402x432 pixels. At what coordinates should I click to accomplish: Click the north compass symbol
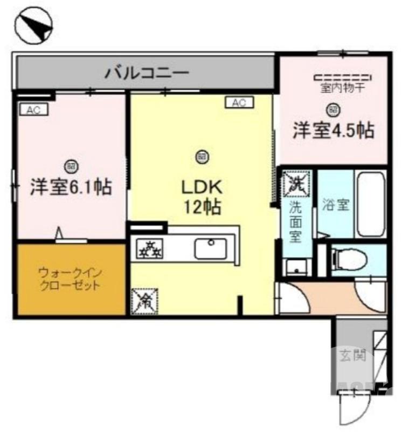[x=34, y=26]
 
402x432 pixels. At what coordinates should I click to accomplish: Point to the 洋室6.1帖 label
[x=71, y=186]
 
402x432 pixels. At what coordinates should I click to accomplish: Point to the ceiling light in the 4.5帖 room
[x=334, y=110]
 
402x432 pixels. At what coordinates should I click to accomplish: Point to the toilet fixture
[x=349, y=258]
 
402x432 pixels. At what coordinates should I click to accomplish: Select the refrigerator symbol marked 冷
[x=144, y=300]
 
